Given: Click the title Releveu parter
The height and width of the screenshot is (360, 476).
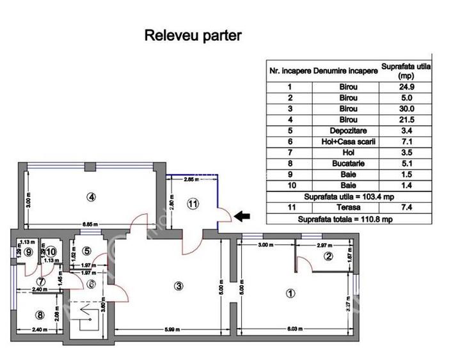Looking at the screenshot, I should pyautogui.click(x=193, y=36).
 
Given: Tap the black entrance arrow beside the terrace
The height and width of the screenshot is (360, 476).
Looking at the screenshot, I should pyautogui.click(x=241, y=217).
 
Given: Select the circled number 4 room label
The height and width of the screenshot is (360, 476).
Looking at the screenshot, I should pyautogui.click(x=92, y=197).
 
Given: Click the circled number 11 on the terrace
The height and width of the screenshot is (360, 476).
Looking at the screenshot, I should pyautogui.click(x=193, y=204).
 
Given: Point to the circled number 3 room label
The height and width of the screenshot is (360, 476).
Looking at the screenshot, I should pyautogui.click(x=179, y=286).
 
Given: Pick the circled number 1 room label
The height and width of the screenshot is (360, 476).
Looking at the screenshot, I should pyautogui.click(x=290, y=293).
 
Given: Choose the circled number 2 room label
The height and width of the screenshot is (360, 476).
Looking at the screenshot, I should pyautogui.click(x=328, y=257).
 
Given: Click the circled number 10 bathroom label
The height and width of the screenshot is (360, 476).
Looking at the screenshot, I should pyautogui.click(x=51, y=252).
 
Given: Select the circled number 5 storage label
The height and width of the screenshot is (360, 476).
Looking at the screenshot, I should pyautogui.click(x=87, y=251).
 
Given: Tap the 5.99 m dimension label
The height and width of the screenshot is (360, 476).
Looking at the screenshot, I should pyautogui.click(x=171, y=330).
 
